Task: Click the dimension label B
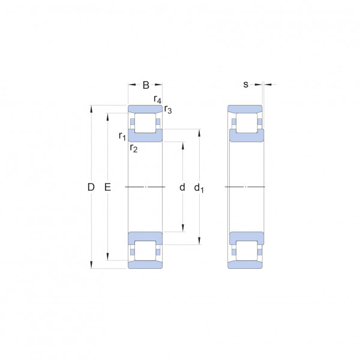pos(146,85)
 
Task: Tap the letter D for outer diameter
pos(91,187)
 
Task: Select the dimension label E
pos(107,187)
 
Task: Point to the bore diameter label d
pos(182,187)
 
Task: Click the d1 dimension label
pos(199,188)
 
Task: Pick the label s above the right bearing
pos(245,85)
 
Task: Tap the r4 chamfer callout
pos(157,100)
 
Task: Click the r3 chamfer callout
pos(168,110)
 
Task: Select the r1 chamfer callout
pos(122,136)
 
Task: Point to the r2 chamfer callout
pos(134,148)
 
